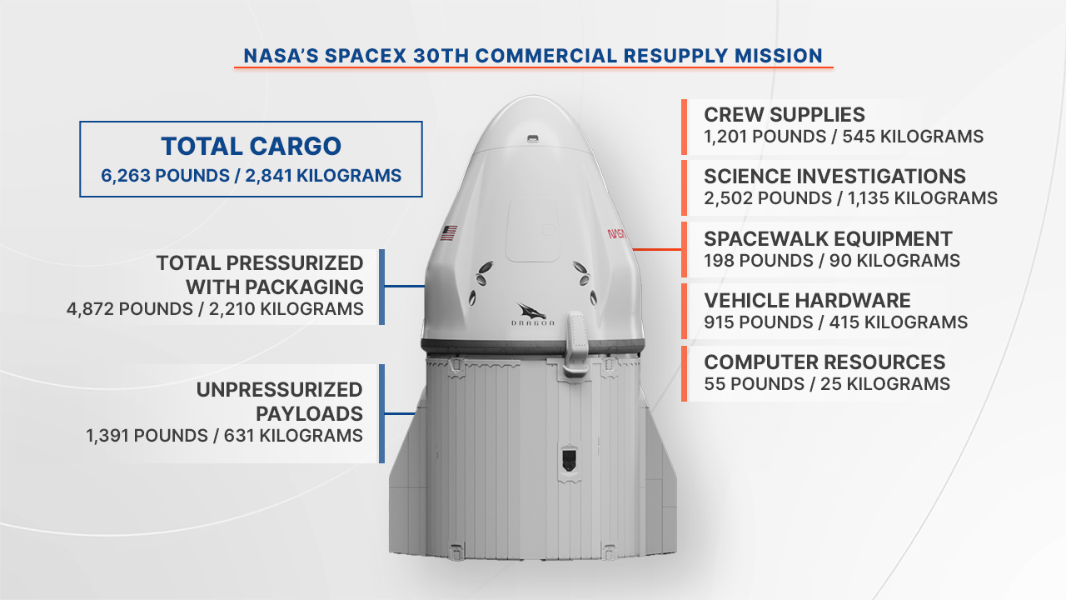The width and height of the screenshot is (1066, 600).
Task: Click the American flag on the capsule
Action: (x=448, y=232)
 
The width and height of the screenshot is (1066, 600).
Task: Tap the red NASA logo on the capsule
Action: (x=617, y=234)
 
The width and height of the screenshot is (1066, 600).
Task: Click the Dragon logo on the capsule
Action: (x=532, y=314)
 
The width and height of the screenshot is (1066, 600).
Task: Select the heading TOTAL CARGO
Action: (x=251, y=146)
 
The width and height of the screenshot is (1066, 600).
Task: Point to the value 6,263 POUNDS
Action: (x=165, y=176)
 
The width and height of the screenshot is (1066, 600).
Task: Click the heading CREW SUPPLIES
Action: (x=785, y=115)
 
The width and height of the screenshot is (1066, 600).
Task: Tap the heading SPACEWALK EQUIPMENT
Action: (x=828, y=239)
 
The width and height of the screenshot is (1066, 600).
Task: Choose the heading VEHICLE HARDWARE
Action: (x=807, y=301)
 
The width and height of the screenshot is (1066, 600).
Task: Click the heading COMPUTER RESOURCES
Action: (x=824, y=362)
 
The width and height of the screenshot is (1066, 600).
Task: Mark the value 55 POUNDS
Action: (x=755, y=384)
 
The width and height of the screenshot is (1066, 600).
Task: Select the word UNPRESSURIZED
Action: (x=279, y=390)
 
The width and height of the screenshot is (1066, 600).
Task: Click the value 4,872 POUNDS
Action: (x=129, y=309)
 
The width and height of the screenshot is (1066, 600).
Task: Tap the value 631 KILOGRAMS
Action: (x=293, y=436)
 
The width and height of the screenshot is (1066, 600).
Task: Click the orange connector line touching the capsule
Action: (x=657, y=249)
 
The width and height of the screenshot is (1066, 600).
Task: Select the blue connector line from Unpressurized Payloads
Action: (x=400, y=414)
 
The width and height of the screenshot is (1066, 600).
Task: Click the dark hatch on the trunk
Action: (x=569, y=459)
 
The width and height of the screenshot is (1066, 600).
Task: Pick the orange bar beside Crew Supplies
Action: (x=684, y=127)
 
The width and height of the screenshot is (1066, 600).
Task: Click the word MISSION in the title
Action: (x=779, y=56)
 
